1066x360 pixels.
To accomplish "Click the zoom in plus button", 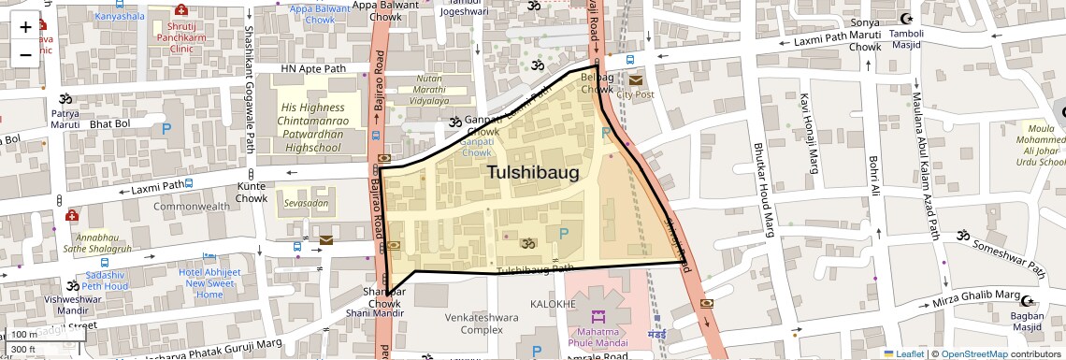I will (25, 27).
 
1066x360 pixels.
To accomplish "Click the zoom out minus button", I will (25, 54).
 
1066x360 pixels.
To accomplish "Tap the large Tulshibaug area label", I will (532, 173).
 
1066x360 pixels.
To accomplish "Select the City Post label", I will (635, 94).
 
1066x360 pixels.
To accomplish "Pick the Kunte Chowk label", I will (252, 193).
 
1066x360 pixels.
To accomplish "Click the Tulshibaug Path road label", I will (535, 270).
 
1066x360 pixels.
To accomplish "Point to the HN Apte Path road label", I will (314, 69).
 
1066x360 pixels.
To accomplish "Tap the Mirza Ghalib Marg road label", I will (974, 299).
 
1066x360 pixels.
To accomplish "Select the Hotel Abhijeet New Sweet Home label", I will (216, 282).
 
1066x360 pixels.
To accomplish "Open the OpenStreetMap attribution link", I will (972, 354).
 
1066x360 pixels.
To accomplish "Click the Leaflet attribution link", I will (904, 354).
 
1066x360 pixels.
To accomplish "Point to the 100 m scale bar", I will (26, 335).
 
